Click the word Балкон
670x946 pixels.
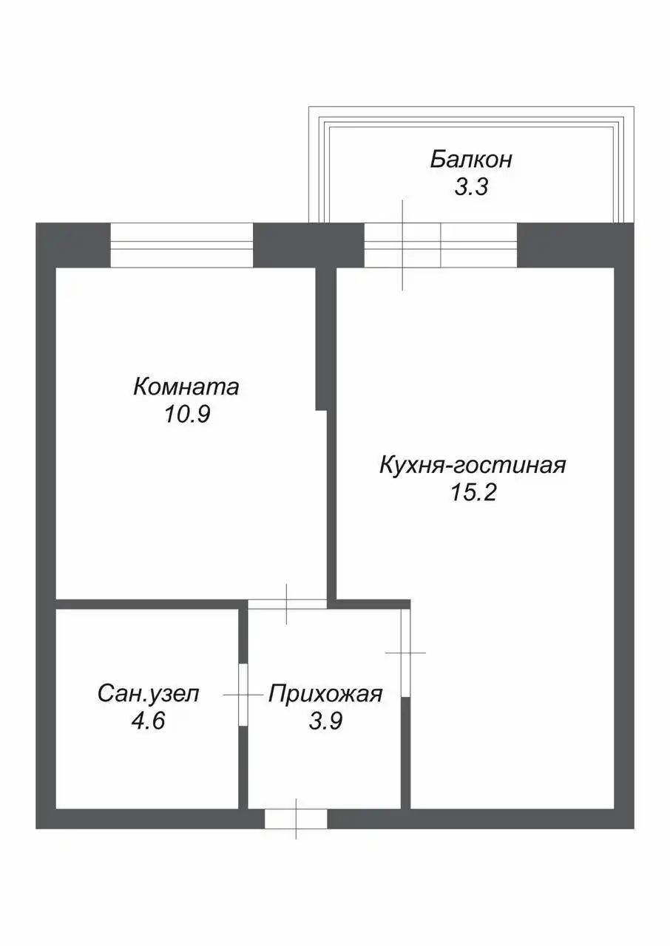[471, 160]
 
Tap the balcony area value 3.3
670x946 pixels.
[471, 188]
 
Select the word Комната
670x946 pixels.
[186, 387]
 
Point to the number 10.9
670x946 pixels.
[188, 415]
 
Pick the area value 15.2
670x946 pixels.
[473, 493]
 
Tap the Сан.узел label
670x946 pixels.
[148, 694]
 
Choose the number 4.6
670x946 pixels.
[147, 721]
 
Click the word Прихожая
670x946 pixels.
[325, 694]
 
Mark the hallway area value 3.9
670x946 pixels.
[325, 721]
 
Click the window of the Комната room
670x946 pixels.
[181, 245]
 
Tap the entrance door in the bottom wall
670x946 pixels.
[296, 818]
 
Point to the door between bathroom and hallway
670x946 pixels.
[243, 695]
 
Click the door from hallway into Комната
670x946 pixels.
[287, 604]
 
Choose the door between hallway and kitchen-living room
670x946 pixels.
[405, 652]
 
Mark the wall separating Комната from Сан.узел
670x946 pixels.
[148, 604]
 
